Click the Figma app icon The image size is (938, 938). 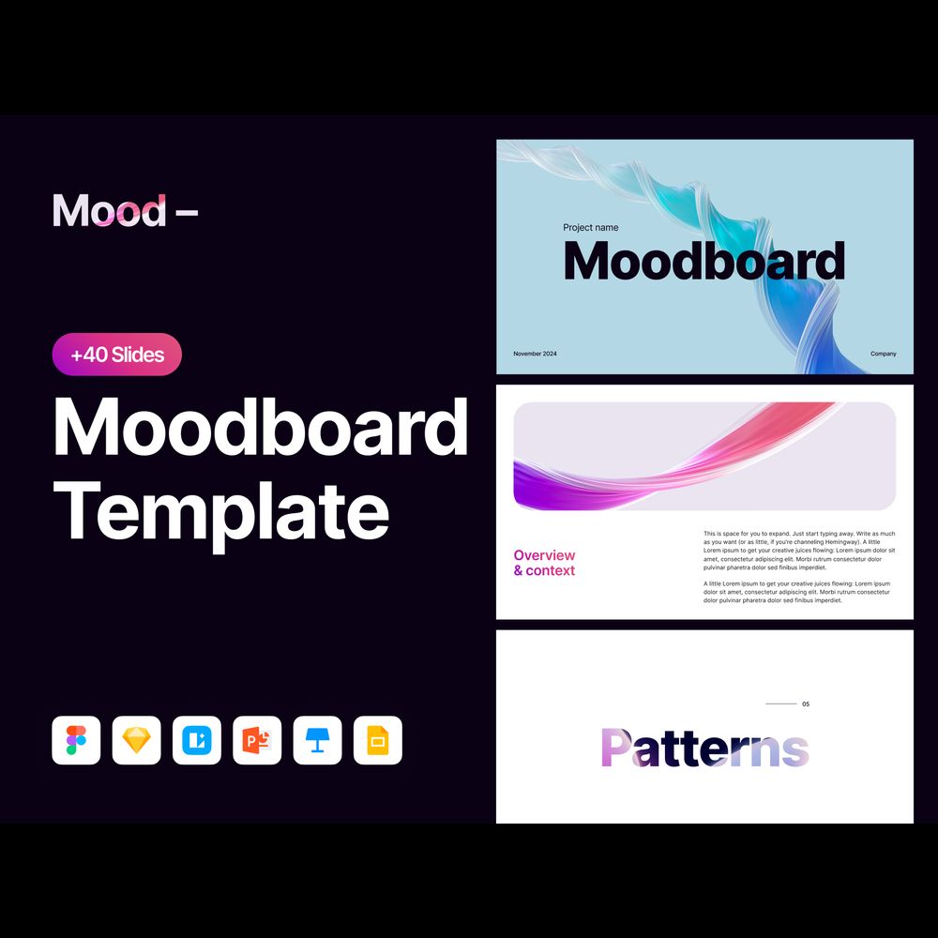pyautogui.click(x=76, y=740)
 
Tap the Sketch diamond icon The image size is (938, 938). pyautogui.click(x=136, y=740)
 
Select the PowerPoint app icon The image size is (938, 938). pyautogui.click(x=257, y=740)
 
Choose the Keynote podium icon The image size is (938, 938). pyautogui.click(x=318, y=740)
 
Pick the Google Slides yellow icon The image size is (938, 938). pyautogui.click(x=378, y=740)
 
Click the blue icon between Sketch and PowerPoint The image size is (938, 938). pyautogui.click(x=197, y=740)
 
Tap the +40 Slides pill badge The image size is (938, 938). pyautogui.click(x=117, y=355)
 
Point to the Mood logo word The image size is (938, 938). pyautogui.click(x=110, y=210)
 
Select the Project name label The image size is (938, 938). pyautogui.click(x=590, y=227)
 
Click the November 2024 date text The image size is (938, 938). pyautogui.click(x=535, y=354)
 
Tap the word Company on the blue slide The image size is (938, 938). pyautogui.click(x=883, y=354)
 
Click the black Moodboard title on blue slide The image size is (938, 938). pyautogui.click(x=704, y=261)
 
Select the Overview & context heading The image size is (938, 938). pyautogui.click(x=544, y=563)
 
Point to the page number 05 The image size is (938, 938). pyautogui.click(x=806, y=704)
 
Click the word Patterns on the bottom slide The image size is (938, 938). pyautogui.click(x=705, y=748)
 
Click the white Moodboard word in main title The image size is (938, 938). pyautogui.click(x=261, y=427)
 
